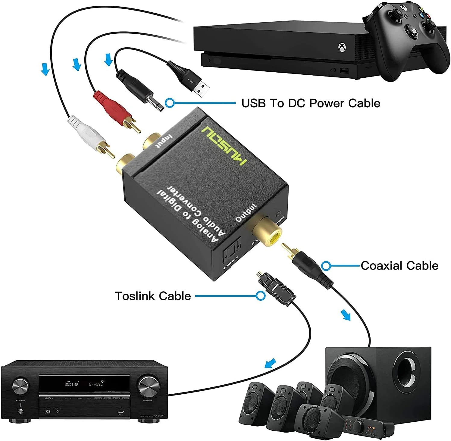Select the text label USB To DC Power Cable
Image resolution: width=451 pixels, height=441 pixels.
[311, 103]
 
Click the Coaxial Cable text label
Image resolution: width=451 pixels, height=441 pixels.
[399, 266]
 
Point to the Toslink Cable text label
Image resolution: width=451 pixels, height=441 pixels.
[153, 296]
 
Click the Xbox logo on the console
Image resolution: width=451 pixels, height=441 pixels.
[341, 48]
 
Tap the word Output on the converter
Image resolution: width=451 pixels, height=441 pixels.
[246, 213]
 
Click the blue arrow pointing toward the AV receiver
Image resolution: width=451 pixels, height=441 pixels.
[270, 363]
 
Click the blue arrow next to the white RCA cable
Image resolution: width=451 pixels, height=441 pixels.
[45, 69]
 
